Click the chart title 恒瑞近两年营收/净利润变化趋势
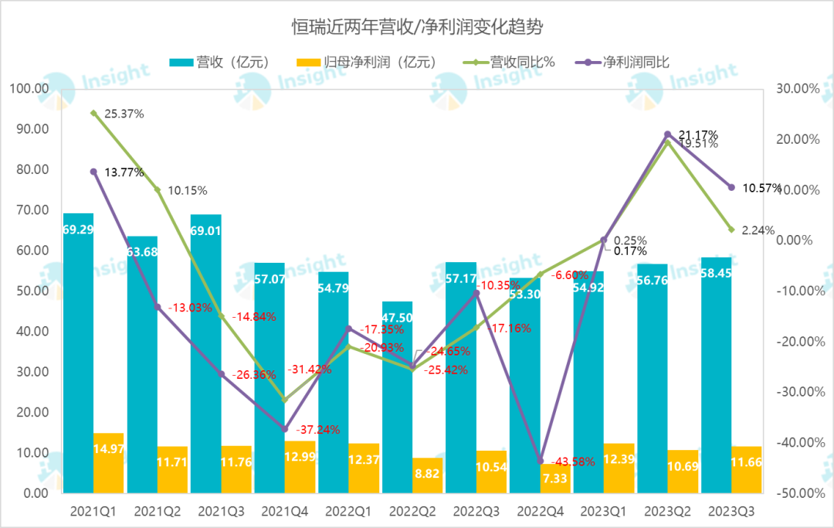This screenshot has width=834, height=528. click(x=417, y=28)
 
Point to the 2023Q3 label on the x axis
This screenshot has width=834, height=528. click(x=731, y=511)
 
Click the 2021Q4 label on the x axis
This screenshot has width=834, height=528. click(x=285, y=511)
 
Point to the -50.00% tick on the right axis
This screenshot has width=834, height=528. click(x=796, y=492)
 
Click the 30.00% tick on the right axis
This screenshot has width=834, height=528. click(x=796, y=89)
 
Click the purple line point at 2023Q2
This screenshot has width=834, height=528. click(x=667, y=135)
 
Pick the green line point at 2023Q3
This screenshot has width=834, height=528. click(x=731, y=230)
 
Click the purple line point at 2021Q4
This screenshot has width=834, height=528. click(x=285, y=428)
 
